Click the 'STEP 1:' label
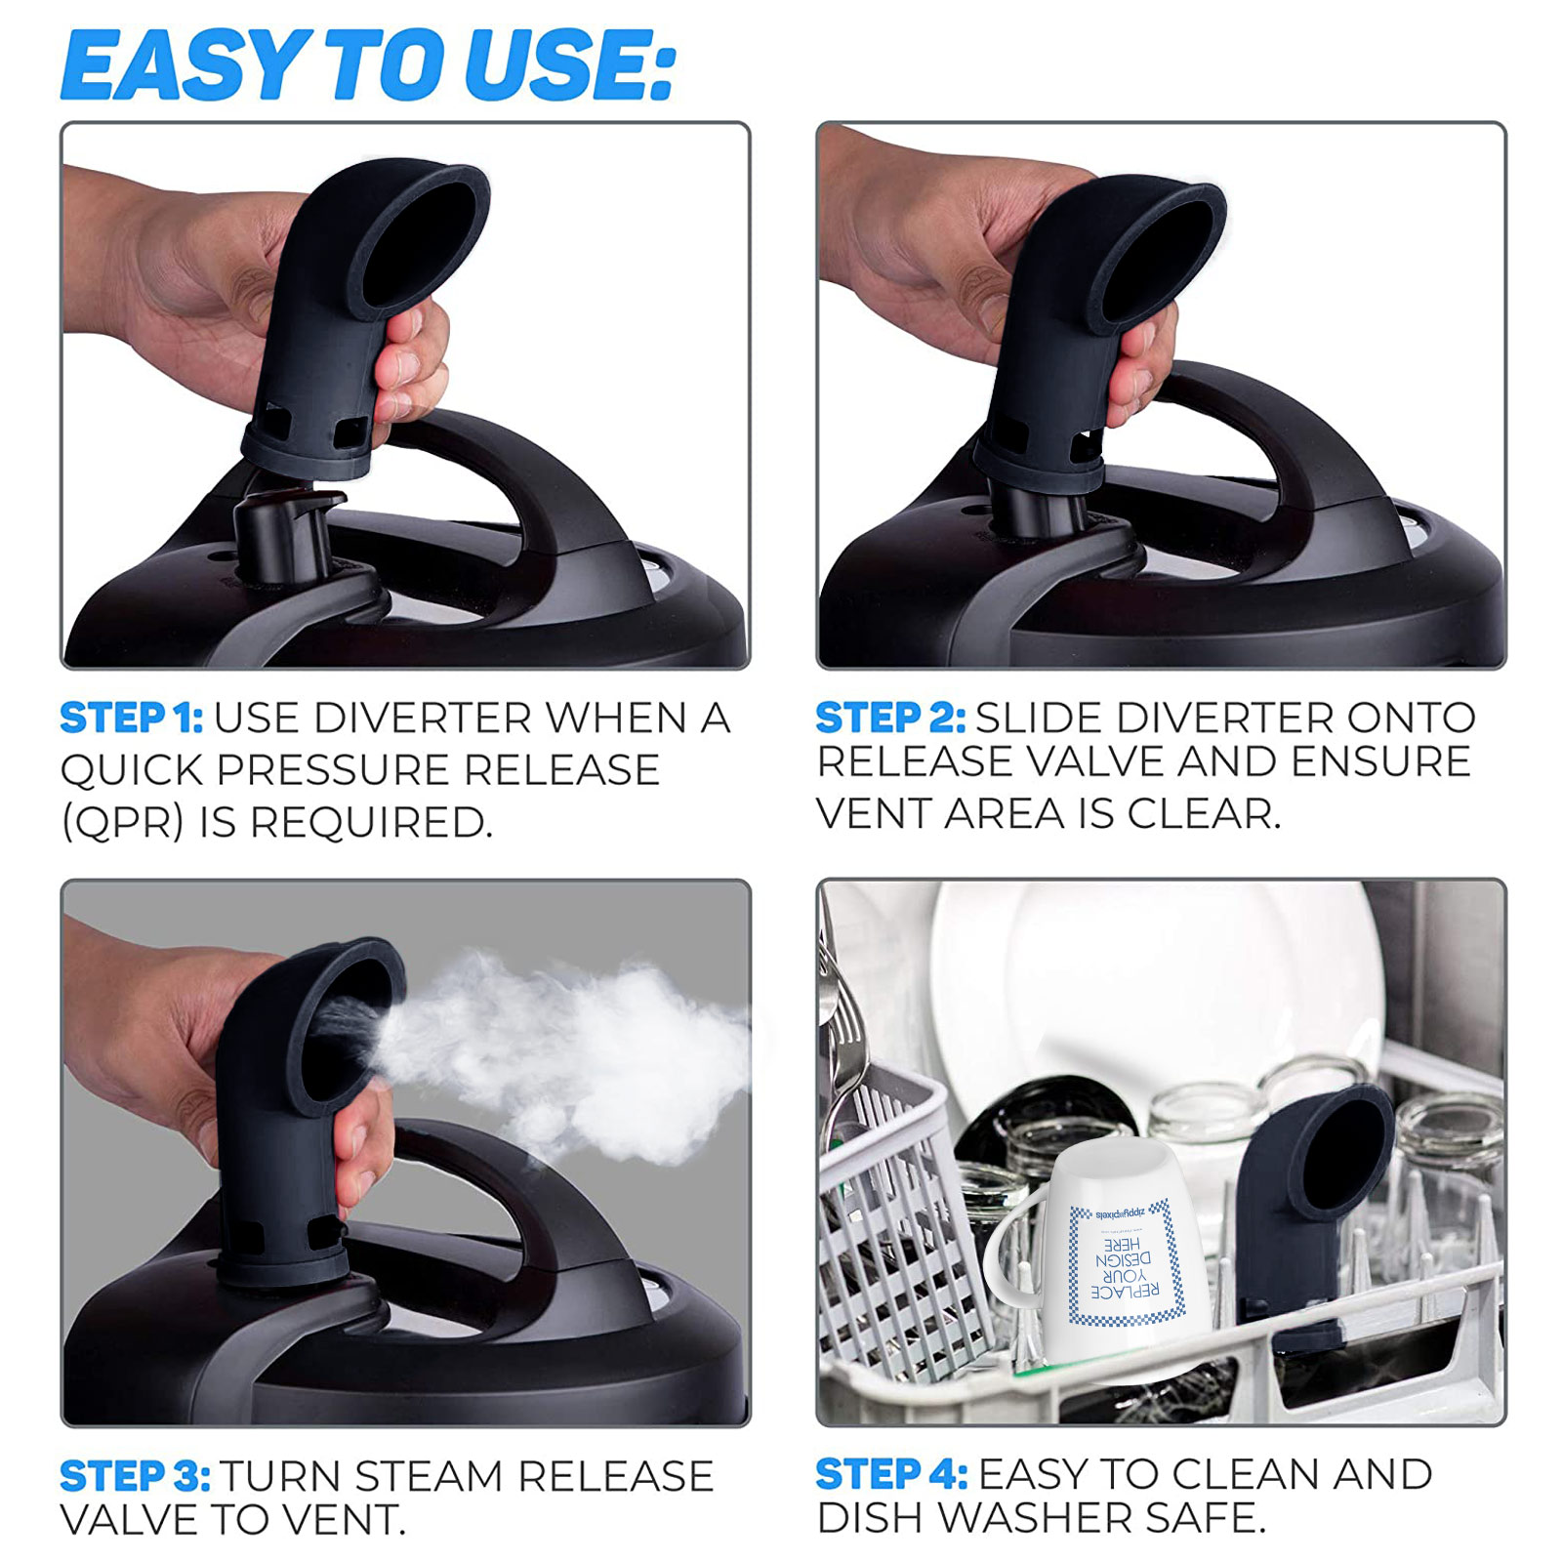tap(131, 719)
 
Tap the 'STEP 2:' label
tap(889, 719)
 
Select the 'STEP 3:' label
tap(135, 1475)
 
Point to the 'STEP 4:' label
tap(890, 1473)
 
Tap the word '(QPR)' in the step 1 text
tap(122, 823)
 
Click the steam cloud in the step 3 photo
tap(566, 1054)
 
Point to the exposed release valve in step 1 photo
tap(283, 537)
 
